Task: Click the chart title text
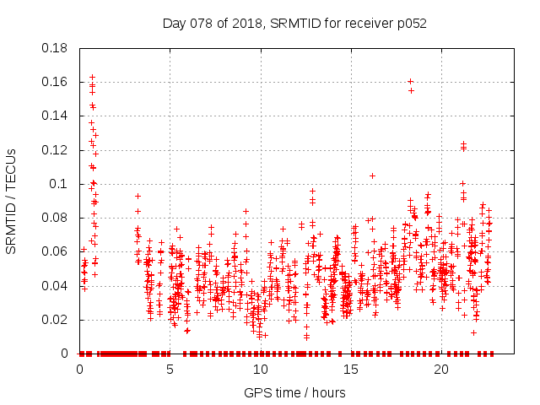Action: coord(294,23)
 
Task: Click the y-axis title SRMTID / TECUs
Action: coord(11,201)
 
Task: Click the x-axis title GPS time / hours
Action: coord(294,392)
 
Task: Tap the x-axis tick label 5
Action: coord(170,370)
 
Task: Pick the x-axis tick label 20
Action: coord(441,370)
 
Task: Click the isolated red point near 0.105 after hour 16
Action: coord(372,175)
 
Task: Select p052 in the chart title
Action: coord(411,23)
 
